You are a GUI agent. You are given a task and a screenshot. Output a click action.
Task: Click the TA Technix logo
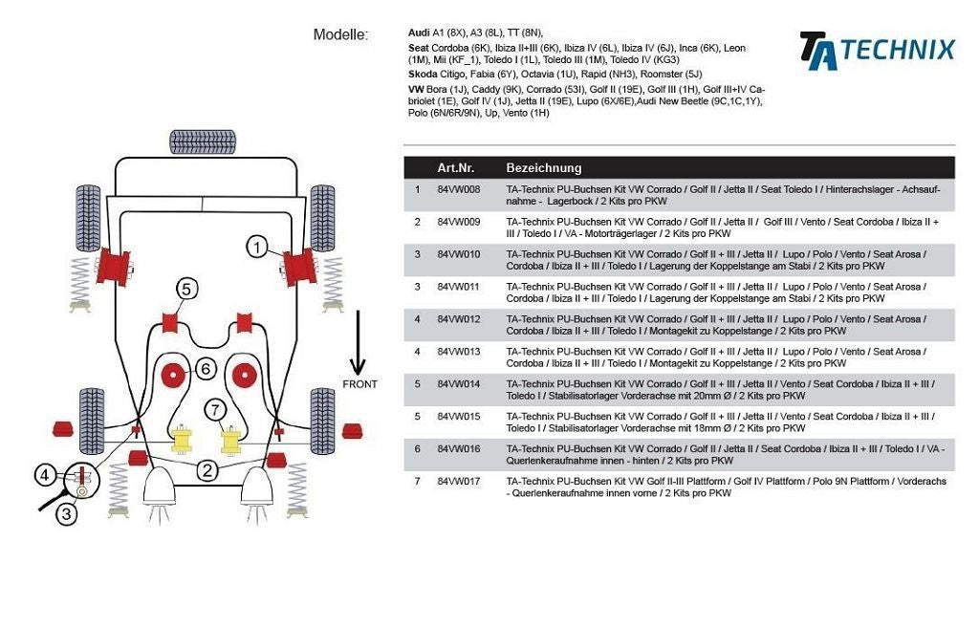click(877, 50)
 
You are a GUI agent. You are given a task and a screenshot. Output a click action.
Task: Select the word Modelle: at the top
click(340, 35)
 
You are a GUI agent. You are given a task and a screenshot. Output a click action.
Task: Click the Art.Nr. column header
click(455, 167)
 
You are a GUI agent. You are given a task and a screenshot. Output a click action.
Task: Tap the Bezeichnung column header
click(543, 167)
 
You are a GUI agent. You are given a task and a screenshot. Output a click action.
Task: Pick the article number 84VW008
click(459, 189)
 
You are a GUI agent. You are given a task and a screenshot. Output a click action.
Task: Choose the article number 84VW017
click(459, 482)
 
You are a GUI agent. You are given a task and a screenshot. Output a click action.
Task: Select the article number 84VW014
click(459, 384)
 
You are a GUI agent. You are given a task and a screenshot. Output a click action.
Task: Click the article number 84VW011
click(459, 287)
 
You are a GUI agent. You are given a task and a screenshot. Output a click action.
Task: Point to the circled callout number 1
click(256, 248)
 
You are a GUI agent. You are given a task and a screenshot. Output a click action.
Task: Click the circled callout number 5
click(186, 288)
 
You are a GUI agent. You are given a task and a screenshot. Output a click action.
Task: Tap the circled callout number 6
click(206, 368)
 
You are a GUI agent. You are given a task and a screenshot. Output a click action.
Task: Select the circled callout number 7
click(217, 410)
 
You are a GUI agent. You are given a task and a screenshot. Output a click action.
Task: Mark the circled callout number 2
click(207, 469)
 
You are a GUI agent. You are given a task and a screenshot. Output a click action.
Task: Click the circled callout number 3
click(66, 514)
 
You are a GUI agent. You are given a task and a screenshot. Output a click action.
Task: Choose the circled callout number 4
click(44, 473)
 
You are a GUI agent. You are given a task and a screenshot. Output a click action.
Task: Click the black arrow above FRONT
click(358, 341)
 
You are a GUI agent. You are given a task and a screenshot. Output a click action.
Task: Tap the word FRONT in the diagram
click(359, 384)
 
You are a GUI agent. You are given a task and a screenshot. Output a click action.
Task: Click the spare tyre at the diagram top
click(203, 142)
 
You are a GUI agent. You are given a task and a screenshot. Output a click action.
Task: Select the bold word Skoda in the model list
click(423, 74)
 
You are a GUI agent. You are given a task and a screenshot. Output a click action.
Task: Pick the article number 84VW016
click(459, 449)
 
